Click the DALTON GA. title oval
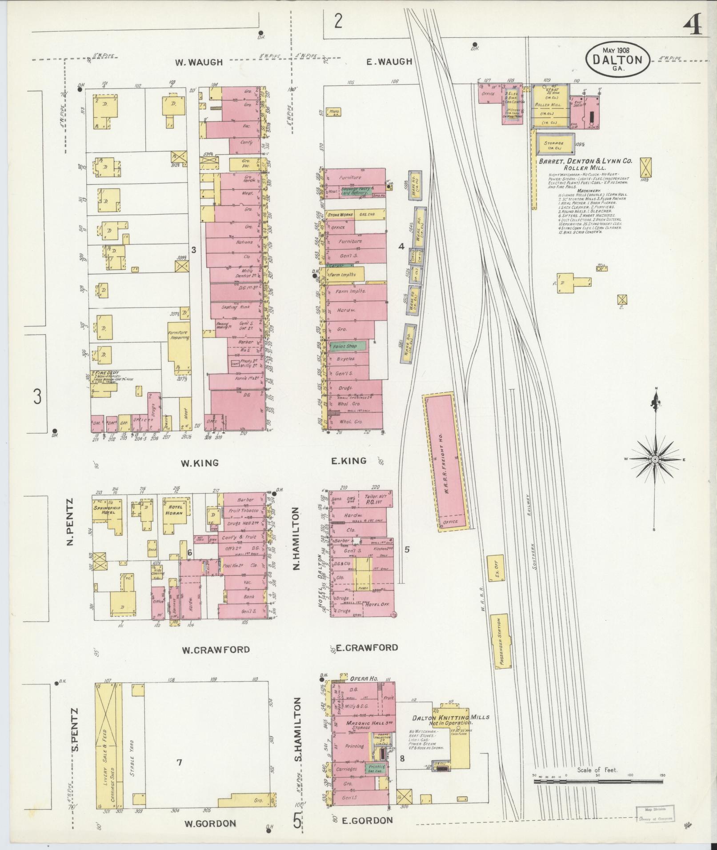click(x=617, y=59)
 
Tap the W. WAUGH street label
click(x=199, y=63)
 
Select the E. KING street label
click(x=349, y=460)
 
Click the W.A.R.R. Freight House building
click(x=445, y=462)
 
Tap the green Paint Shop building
click(x=348, y=346)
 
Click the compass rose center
click(x=655, y=459)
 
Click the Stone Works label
click(x=340, y=215)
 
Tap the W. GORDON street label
click(x=210, y=823)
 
